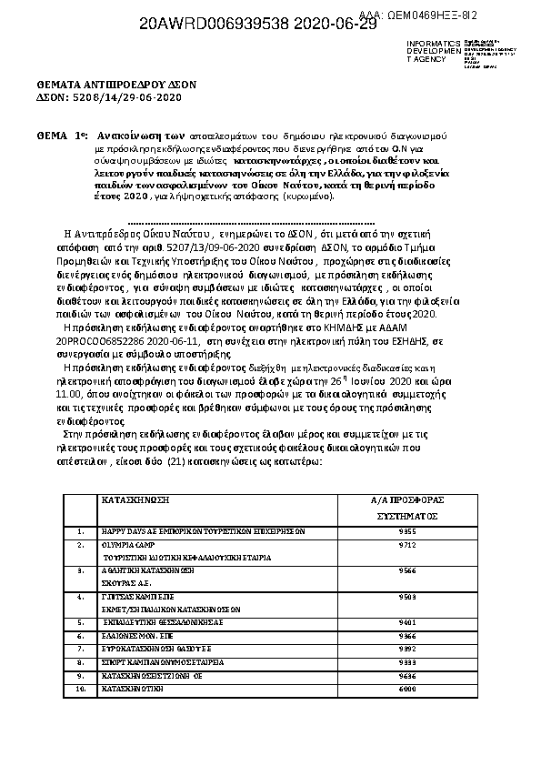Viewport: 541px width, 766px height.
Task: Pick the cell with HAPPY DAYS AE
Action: click(x=201, y=530)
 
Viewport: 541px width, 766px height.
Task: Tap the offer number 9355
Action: click(x=407, y=530)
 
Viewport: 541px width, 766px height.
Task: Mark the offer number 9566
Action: click(x=407, y=570)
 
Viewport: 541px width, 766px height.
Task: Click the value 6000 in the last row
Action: click(x=407, y=690)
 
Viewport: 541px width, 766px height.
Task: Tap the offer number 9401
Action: click(x=407, y=623)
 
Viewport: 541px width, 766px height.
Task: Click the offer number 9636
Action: click(x=407, y=677)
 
